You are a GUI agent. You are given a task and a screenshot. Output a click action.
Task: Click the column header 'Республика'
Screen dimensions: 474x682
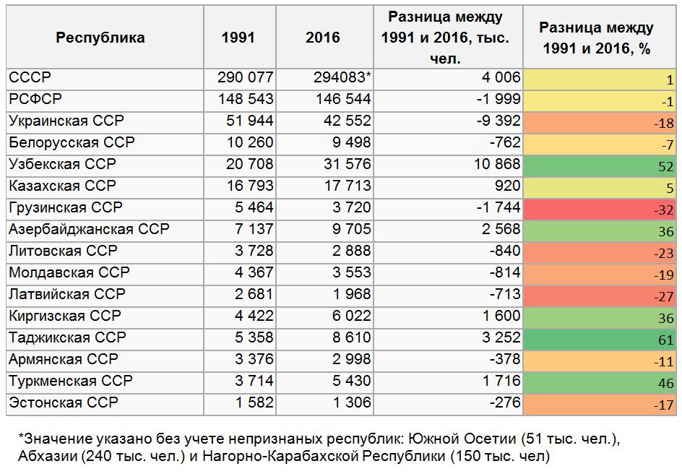pyautogui.click(x=100, y=38)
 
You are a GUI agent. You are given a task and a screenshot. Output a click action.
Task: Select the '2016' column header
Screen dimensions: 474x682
pyautogui.click(x=323, y=38)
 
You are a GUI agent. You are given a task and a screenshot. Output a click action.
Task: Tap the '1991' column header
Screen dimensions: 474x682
pyautogui.click(x=238, y=38)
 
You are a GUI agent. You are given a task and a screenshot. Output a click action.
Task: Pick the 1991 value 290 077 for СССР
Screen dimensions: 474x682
pyautogui.click(x=246, y=77)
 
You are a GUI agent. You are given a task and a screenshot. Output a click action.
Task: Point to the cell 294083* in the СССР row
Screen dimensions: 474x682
pyautogui.click(x=342, y=77)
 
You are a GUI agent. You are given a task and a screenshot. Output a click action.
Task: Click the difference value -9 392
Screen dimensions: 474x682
pyautogui.click(x=495, y=121)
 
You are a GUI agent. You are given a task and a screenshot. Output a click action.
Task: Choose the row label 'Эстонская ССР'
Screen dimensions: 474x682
pyautogui.click(x=63, y=402)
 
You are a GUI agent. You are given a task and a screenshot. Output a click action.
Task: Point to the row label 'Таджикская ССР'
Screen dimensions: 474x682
pyautogui.click(x=67, y=337)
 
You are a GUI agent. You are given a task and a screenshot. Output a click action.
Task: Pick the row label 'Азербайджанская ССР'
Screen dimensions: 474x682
pyautogui.click(x=89, y=229)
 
